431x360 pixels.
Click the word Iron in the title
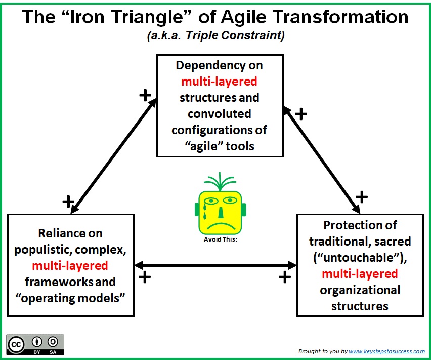click(x=88, y=17)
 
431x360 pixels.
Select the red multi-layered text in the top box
click(x=220, y=82)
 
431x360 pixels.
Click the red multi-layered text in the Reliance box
click(x=70, y=266)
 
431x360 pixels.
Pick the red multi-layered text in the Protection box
click(x=360, y=274)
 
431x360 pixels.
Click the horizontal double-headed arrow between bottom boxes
click(x=215, y=265)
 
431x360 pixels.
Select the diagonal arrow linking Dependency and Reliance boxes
click(x=113, y=156)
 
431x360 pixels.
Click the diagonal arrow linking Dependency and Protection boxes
click(x=321, y=160)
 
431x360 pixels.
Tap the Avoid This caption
click(x=221, y=239)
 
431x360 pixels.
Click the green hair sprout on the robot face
click(x=220, y=181)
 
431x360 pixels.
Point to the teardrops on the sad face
click(x=205, y=212)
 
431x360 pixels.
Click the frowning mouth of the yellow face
click(x=221, y=226)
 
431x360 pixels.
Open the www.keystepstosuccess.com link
click(x=387, y=351)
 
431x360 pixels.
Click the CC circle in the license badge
click(x=16, y=345)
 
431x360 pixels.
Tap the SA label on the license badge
click(x=53, y=352)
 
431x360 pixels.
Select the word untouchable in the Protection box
click(x=360, y=258)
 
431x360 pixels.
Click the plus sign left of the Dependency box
click(x=145, y=95)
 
